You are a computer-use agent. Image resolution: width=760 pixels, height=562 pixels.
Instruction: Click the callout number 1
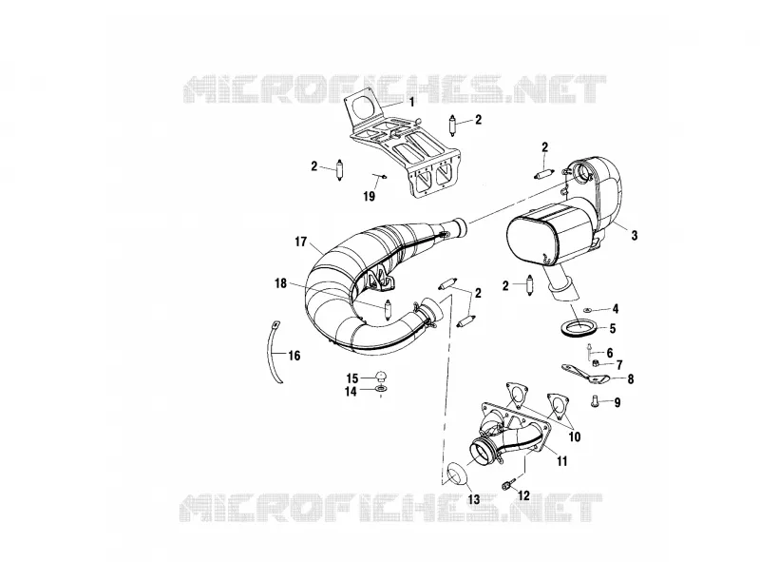(x=411, y=103)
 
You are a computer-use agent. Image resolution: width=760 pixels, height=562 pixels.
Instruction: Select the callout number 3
(x=634, y=236)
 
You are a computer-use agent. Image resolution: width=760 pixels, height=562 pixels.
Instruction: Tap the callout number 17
(x=300, y=242)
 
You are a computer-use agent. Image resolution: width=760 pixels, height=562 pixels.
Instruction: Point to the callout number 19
(x=369, y=196)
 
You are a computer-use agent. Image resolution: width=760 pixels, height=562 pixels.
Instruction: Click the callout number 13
(x=473, y=499)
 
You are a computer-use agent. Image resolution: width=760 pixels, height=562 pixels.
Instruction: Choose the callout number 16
(x=294, y=356)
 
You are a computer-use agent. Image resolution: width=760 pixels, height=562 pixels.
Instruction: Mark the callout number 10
(x=574, y=436)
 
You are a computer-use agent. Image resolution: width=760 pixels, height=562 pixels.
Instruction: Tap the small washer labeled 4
(x=587, y=308)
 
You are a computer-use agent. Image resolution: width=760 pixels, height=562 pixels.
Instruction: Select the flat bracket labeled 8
(x=584, y=374)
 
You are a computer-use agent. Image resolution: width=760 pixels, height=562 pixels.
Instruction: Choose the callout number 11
(x=561, y=460)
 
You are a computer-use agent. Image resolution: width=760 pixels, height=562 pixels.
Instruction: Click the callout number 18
(x=280, y=283)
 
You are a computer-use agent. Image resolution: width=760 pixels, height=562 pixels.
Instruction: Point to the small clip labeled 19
(x=381, y=176)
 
